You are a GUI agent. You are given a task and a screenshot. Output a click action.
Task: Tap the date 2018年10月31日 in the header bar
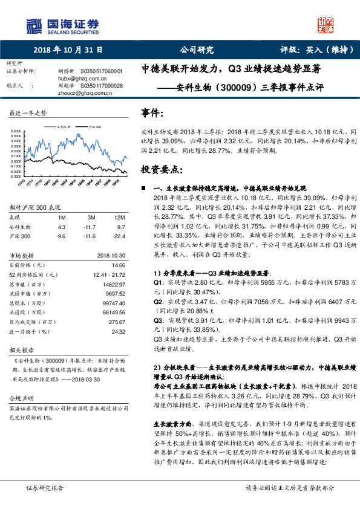coord(67,50)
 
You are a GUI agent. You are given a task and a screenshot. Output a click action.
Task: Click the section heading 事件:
coord(152,113)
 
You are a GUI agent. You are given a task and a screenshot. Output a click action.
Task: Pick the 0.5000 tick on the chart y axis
coord(19,130)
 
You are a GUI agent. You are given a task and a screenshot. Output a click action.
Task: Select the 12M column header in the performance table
coord(119,216)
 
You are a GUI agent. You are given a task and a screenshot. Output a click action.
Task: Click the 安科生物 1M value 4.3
coord(61,226)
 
